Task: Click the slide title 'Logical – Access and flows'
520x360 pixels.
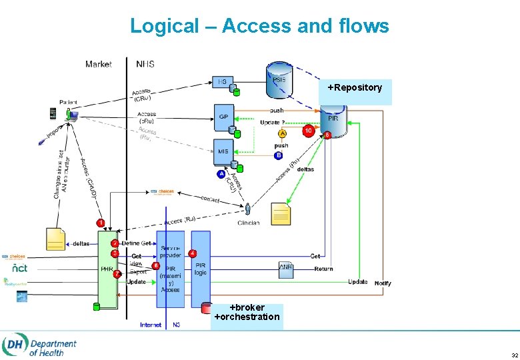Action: [x=259, y=26]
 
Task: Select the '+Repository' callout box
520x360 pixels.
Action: [x=355, y=91]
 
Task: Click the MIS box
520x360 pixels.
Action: [x=223, y=151]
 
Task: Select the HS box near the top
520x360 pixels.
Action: [x=222, y=81]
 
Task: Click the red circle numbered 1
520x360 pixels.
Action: [x=100, y=222]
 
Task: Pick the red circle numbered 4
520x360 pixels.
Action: [x=192, y=253]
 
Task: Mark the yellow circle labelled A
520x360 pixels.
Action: [x=282, y=134]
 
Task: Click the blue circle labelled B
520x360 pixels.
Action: [x=278, y=155]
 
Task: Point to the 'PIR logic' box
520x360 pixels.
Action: [x=201, y=269]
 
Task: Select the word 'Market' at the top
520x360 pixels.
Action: [x=99, y=64]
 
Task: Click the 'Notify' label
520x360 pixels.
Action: [x=383, y=283]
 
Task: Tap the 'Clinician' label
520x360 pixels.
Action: [x=248, y=223]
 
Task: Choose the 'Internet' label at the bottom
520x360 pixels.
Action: [x=151, y=325]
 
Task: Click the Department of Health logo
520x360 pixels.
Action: [x=40, y=345]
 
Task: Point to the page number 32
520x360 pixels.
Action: [x=506, y=354]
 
